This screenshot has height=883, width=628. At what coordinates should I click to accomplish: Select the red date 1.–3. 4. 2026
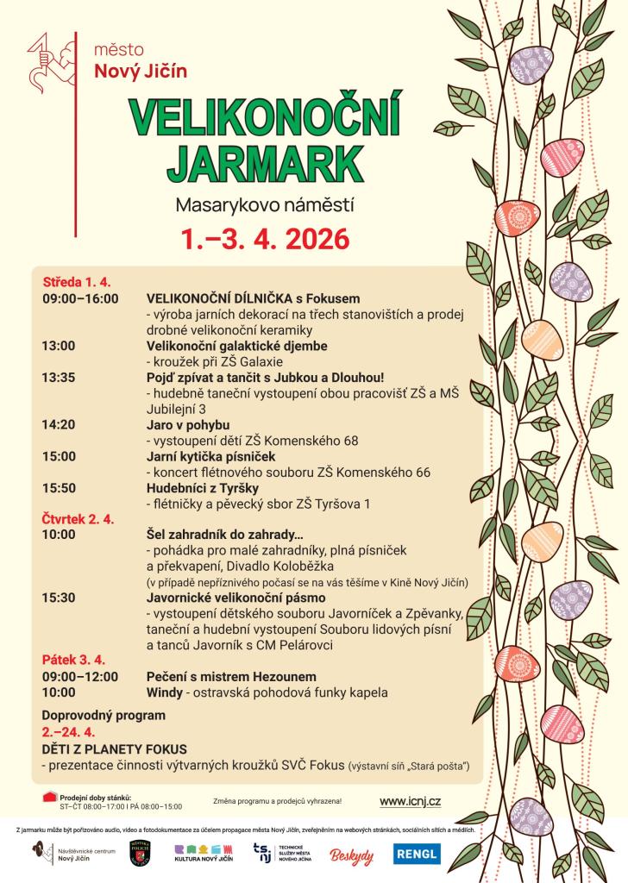(265, 238)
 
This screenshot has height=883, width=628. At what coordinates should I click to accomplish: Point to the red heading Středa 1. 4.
(77, 282)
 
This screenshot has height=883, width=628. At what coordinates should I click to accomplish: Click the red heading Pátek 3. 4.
(74, 660)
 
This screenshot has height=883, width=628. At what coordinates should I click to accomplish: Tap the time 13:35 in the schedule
(59, 377)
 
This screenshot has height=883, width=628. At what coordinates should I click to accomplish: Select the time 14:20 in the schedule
(59, 424)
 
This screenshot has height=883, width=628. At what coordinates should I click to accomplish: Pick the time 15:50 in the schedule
(59, 487)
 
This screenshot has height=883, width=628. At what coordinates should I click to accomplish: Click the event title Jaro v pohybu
(188, 424)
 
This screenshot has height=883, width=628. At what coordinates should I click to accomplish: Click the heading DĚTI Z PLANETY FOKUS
(115, 749)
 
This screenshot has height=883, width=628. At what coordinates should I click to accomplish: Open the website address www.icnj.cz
(410, 801)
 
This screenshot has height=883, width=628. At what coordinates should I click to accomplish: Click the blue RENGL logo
(417, 854)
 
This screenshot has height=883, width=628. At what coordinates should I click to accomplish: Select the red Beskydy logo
(351, 855)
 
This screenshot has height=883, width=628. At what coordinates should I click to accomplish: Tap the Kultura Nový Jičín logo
(203, 854)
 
